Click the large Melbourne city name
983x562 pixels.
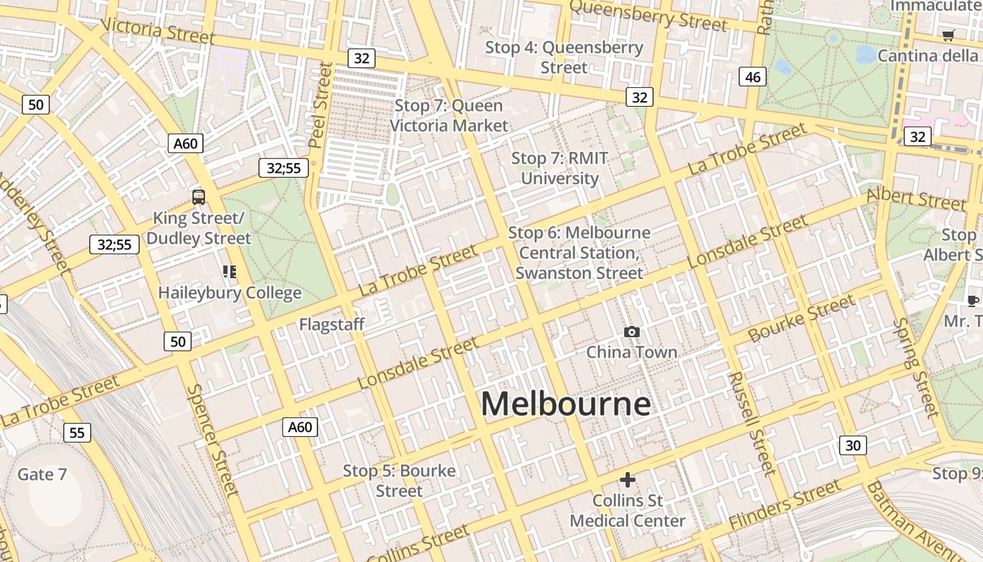[565, 404]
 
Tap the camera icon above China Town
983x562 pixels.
[632, 332]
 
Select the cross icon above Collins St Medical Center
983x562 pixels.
[627, 480]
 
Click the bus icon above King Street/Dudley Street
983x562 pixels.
[199, 197]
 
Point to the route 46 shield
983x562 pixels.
[753, 77]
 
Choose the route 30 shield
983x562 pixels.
[852, 445]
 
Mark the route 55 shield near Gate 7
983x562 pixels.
[77, 432]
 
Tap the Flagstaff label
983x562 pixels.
[332, 324]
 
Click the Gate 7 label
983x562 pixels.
[42, 474]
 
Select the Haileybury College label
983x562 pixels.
[230, 292]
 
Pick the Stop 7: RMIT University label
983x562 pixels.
[560, 169]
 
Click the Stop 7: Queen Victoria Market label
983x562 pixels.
[449, 115]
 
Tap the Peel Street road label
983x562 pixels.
[320, 105]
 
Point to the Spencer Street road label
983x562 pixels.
[213, 439]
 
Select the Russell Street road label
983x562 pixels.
[751, 423]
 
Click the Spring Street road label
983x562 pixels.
[916, 367]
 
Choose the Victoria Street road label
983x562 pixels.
[157, 30]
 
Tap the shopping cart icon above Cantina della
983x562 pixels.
[948, 35]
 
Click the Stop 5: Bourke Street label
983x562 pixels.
[399, 481]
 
